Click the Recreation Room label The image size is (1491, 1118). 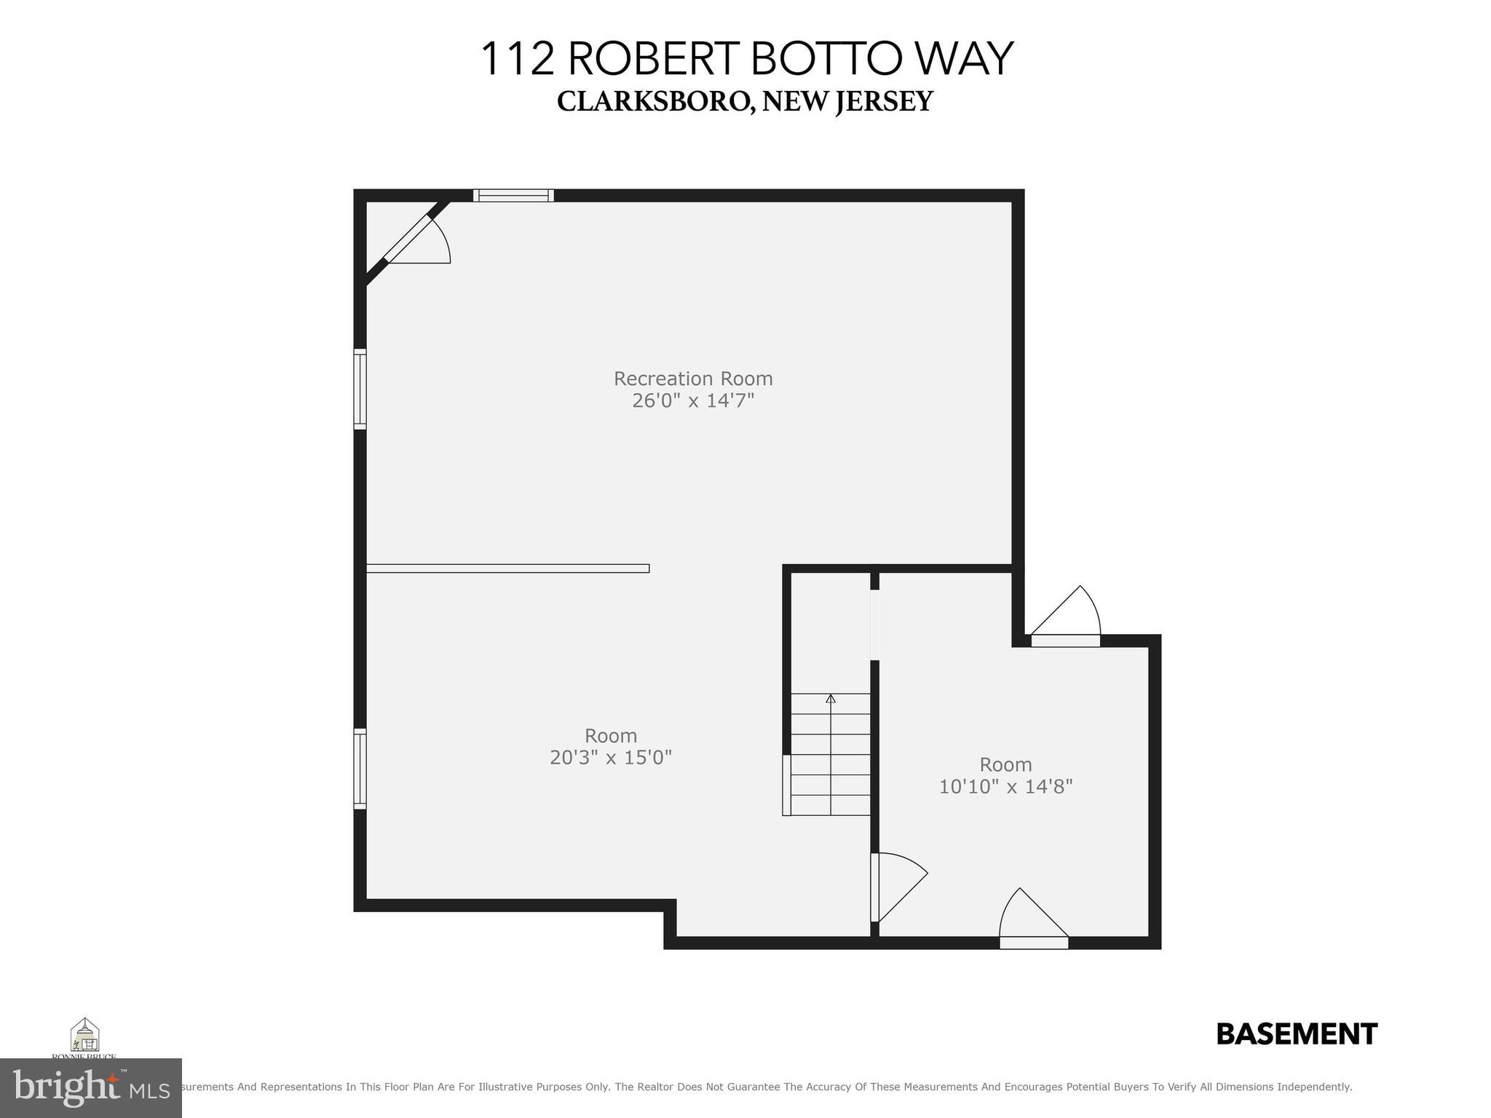tap(692, 378)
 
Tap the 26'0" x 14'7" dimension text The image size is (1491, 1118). tap(692, 400)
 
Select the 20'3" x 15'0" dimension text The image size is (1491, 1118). tap(610, 758)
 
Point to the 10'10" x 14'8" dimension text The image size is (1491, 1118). tap(1005, 787)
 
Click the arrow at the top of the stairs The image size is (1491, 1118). tap(831, 699)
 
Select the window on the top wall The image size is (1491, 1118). tap(513, 195)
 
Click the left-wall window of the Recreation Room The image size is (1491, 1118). tap(360, 389)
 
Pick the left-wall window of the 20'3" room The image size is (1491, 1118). tap(360, 768)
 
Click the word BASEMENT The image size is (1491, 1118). tap(1297, 1034)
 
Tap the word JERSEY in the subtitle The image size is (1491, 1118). tap(884, 102)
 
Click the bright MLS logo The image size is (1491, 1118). tap(90, 1088)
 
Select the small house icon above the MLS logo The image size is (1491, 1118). tap(84, 1035)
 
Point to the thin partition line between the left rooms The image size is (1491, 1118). tap(507, 568)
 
